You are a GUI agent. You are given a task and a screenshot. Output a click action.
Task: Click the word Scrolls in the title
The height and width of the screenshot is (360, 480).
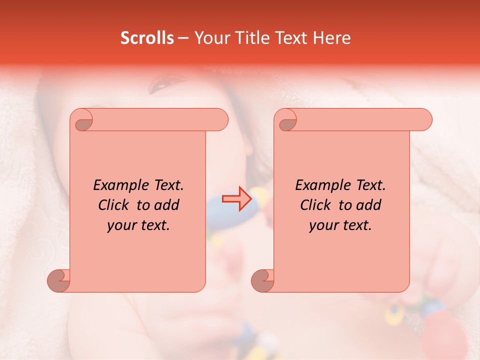(x=147, y=38)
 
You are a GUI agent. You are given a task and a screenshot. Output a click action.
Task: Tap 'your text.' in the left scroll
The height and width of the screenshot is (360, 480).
(x=138, y=225)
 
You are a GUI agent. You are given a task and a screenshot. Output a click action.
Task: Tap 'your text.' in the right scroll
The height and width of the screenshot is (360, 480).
(x=340, y=225)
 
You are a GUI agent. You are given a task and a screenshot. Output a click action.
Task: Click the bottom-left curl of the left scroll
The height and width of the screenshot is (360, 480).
(x=58, y=280)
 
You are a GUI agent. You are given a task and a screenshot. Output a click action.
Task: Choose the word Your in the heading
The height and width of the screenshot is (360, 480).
(x=210, y=38)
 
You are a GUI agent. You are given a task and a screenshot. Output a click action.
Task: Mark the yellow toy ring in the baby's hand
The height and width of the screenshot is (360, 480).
(x=394, y=313)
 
